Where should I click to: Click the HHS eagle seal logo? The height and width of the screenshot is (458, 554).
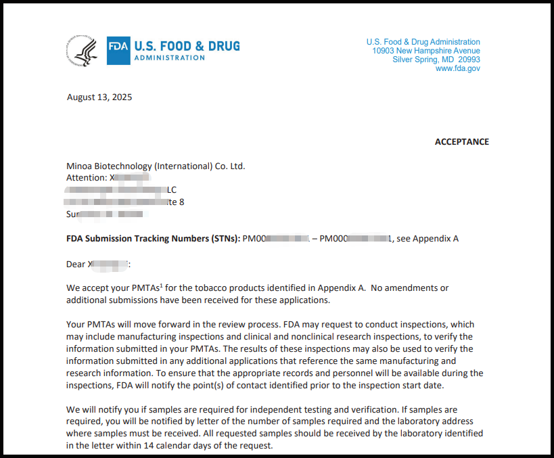tap(82, 51)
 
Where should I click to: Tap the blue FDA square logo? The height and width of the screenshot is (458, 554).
tap(118, 51)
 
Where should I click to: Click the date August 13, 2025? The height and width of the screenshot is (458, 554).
tap(99, 97)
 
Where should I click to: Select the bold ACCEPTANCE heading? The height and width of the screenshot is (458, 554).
tap(461, 141)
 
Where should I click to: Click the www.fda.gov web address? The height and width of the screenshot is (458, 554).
tap(457, 68)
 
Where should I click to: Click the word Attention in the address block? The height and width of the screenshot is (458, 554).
tap(86, 177)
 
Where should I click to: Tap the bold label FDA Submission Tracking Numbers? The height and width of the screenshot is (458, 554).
tap(153, 238)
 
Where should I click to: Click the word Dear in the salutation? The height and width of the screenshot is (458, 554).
tap(76, 263)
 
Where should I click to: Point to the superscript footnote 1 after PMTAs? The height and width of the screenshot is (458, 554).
tap(161, 285)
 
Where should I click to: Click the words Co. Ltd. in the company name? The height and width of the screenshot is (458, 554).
tap(229, 166)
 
